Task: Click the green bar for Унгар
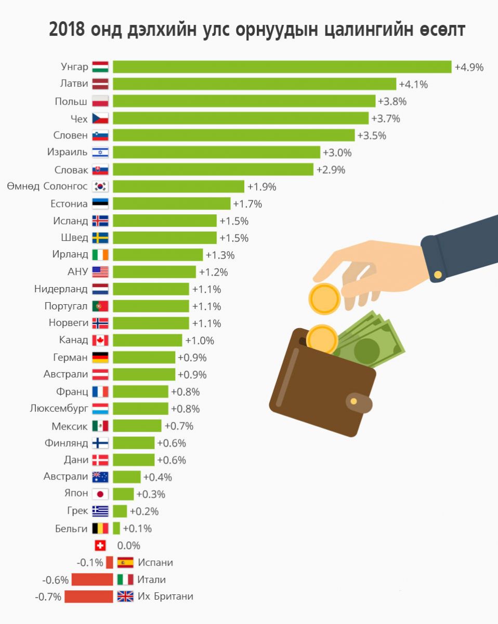(x=282, y=67)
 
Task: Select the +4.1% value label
(x=413, y=84)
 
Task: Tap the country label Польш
(x=71, y=101)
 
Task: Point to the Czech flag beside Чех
(x=100, y=119)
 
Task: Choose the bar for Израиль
(x=216, y=152)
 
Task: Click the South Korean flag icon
(x=100, y=187)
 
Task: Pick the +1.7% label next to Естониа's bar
(x=247, y=204)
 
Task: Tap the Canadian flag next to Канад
(x=100, y=341)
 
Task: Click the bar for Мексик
(x=137, y=426)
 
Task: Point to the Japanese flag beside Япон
(x=100, y=495)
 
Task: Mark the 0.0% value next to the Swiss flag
(x=128, y=546)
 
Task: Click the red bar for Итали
(x=92, y=580)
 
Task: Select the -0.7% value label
(x=48, y=597)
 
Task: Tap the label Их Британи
(x=165, y=597)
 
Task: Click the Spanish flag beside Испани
(x=125, y=563)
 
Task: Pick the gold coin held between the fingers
(x=324, y=298)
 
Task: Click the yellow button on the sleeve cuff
(x=438, y=275)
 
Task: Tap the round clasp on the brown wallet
(x=353, y=401)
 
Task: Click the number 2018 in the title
(x=67, y=30)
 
